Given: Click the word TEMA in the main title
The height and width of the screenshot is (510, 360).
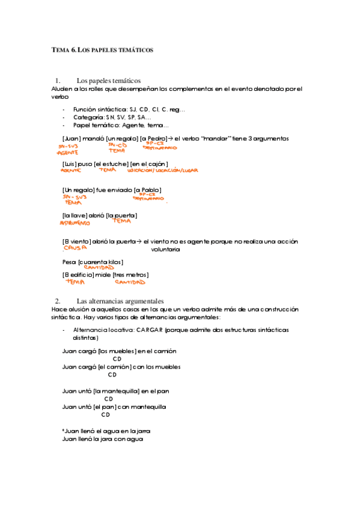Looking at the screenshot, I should [x=61, y=51].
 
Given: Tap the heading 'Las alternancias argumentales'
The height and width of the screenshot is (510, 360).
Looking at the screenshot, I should [x=120, y=301].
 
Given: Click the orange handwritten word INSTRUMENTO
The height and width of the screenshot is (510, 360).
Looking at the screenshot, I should [x=75, y=223].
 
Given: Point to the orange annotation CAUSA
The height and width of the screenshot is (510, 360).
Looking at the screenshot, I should [x=76, y=247].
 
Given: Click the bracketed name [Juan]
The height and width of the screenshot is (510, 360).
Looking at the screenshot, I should [x=72, y=138].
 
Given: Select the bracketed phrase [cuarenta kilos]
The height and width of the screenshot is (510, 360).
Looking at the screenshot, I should [x=101, y=262].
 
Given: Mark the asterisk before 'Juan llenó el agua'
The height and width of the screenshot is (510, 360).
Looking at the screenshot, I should [x=63, y=431].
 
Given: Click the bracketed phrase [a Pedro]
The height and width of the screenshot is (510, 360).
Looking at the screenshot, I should [x=154, y=138].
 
